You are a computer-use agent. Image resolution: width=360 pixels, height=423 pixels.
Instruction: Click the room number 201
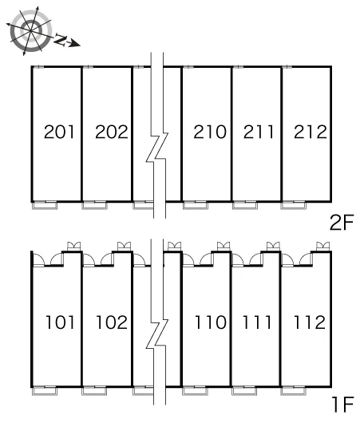tap(59, 132)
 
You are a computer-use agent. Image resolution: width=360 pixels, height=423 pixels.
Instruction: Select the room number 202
tap(111, 132)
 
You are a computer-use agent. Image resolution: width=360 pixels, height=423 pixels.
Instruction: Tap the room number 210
tap(210, 132)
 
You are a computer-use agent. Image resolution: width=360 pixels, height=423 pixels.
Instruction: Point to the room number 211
tap(259, 132)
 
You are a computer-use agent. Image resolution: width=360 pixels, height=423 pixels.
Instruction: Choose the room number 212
tap(311, 132)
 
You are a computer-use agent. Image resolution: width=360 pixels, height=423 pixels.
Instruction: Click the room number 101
tap(60, 322)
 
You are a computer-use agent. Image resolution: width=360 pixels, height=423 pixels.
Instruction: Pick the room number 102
tap(112, 322)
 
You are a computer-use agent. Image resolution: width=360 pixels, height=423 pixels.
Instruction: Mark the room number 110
tap(211, 322)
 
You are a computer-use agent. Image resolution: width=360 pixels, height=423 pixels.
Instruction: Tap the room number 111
tap(257, 322)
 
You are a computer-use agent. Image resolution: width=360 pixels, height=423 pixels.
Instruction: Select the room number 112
tap(310, 322)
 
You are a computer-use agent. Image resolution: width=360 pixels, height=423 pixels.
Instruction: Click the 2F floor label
tap(342, 223)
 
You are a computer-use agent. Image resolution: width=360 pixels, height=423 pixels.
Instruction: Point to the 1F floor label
tap(343, 405)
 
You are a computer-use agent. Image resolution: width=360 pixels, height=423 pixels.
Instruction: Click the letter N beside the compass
tap(61, 40)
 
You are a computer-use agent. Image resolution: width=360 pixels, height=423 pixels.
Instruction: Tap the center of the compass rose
tap(31, 30)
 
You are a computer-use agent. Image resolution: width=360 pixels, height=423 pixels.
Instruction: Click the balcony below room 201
tap(45, 205)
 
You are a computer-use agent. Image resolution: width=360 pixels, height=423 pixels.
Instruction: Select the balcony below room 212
tap(294, 205)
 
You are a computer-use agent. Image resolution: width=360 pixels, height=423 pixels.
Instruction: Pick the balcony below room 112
tap(293, 391)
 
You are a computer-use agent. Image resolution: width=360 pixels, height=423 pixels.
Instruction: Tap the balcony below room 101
tap(45, 391)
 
